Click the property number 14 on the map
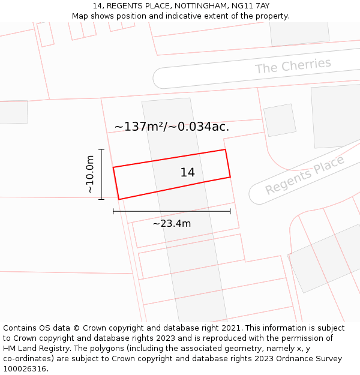pos(187,173)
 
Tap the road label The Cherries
pos(293,66)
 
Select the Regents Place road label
pos(305,175)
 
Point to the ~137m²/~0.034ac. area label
pos(172,127)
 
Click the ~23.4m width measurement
pos(172,224)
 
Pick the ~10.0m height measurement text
pos(90,174)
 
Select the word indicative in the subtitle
pos(202,16)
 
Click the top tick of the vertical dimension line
pos(101,149)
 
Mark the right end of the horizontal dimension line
pos(230,211)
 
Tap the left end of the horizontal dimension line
pos(113,211)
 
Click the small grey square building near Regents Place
pos(280,120)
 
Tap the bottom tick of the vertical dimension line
pos(101,199)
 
